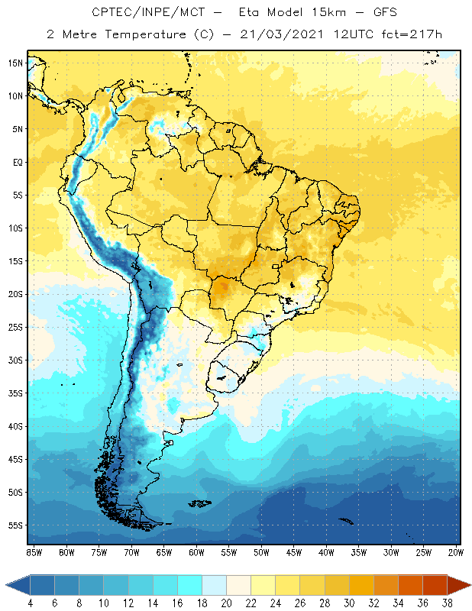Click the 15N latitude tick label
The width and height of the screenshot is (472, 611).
[x=15, y=63]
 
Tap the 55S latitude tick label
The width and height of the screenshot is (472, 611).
[x=15, y=525]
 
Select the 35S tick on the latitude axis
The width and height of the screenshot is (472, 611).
[x=15, y=393]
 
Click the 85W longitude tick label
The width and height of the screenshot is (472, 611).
[x=34, y=552]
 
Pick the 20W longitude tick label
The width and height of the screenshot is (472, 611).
[x=456, y=552]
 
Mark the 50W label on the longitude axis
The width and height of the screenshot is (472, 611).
[x=261, y=552]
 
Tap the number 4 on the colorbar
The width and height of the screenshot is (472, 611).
[x=31, y=603]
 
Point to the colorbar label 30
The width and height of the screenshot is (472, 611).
[x=349, y=603]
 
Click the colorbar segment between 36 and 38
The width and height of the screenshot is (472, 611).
[x=435, y=585]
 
